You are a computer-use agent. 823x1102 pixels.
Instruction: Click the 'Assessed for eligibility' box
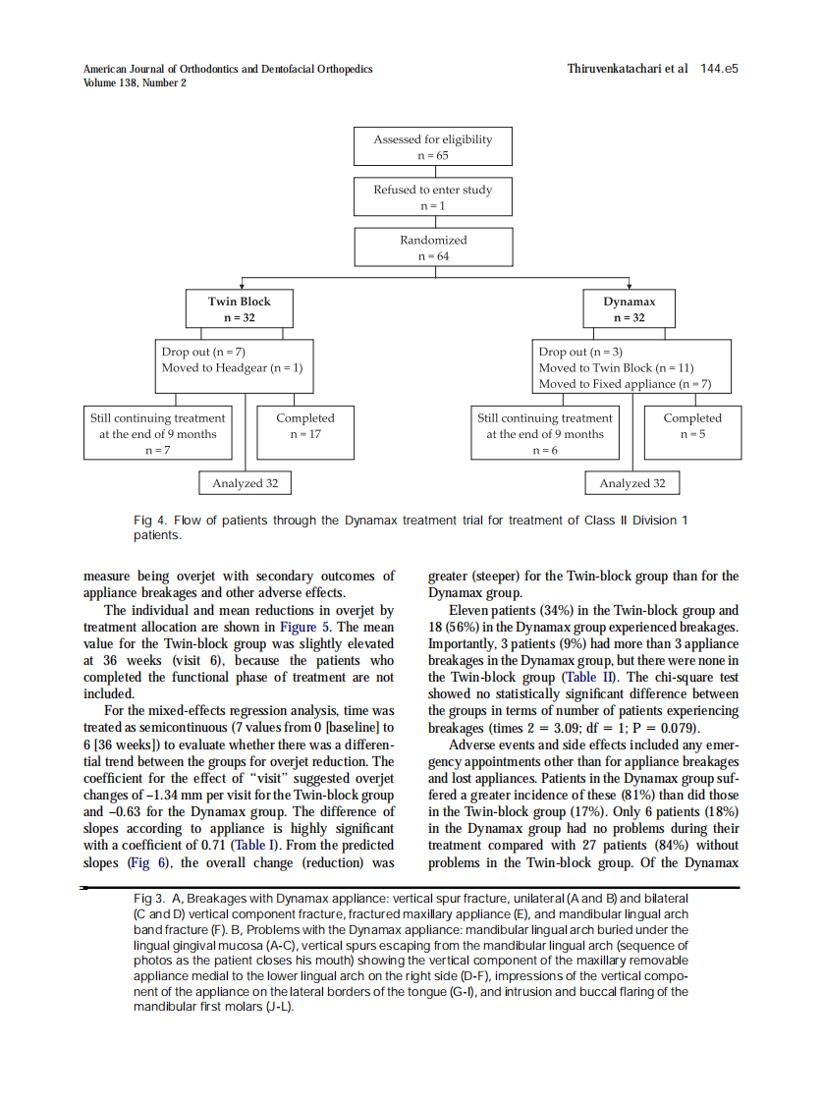433,147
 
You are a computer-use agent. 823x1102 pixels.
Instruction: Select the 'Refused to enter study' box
433,197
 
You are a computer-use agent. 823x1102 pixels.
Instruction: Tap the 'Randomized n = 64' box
433,248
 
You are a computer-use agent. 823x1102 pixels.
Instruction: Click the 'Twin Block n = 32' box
239,309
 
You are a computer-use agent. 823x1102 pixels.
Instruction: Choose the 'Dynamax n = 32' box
629,309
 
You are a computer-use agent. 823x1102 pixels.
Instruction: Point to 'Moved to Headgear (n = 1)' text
232,367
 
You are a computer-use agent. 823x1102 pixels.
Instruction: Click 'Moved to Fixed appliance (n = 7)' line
625,384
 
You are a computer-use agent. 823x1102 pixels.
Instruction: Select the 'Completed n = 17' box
304,425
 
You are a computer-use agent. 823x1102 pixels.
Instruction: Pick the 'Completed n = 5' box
691,425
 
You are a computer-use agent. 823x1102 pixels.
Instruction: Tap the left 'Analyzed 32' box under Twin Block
245,483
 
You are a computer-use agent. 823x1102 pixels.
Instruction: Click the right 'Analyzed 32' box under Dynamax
632,483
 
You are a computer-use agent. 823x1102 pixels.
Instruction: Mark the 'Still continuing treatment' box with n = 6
545,433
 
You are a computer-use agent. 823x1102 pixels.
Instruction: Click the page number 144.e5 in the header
719,69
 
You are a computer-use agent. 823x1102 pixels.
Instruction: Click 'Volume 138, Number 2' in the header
135,83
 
